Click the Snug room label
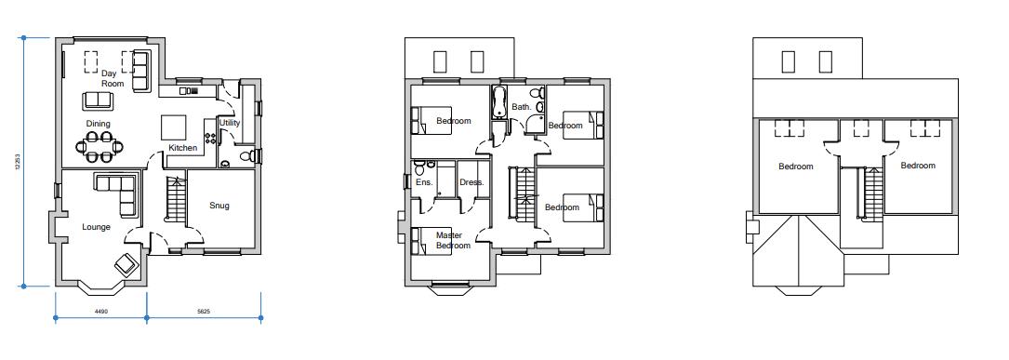(x=219, y=206)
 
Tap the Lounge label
(x=96, y=227)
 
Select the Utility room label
(x=229, y=123)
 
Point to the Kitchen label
(x=182, y=148)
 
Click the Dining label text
(x=98, y=124)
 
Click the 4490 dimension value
(x=101, y=311)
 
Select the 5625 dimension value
(x=204, y=311)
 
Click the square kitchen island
(x=175, y=127)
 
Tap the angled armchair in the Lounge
(x=126, y=265)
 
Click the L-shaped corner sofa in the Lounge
(x=118, y=191)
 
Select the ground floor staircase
(x=174, y=197)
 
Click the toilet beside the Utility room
(x=246, y=157)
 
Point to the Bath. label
(x=521, y=107)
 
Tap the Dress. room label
(x=471, y=182)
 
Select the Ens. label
(x=423, y=182)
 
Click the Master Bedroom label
(x=453, y=240)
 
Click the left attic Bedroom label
(x=795, y=167)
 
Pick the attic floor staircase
(x=871, y=195)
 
